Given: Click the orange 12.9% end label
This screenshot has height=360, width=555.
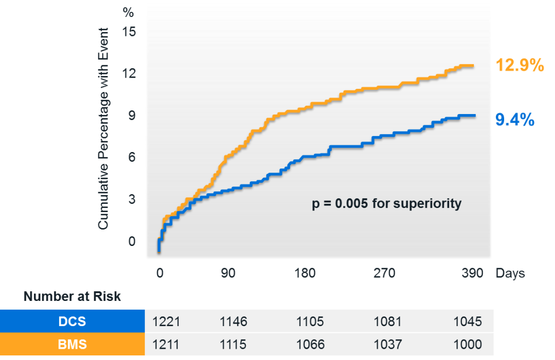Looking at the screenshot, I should coord(520,66).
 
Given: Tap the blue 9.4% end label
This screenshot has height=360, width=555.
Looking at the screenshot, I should coord(514,120).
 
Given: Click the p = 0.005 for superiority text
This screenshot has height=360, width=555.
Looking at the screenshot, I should coord(387,203).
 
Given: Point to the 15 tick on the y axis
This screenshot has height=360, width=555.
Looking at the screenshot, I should coord(128,32).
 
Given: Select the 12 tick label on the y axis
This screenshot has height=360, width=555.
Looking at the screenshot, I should coord(128,73).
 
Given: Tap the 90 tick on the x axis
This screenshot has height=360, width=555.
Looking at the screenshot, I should coord(228,273).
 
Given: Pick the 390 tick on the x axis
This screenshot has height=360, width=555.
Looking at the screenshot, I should coord(472,273).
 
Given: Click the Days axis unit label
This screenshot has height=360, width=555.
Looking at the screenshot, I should coord(510,273).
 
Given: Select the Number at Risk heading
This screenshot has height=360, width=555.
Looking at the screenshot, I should coord(72,296).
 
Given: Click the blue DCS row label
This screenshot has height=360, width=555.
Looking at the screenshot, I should coord(72,321).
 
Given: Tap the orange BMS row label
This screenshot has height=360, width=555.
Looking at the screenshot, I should coord(72,344).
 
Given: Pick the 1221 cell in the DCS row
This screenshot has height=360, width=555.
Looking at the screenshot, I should coord(166,321).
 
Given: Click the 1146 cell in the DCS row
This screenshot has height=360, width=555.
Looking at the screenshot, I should coord(233,321).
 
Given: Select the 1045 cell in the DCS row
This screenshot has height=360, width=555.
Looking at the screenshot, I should coord(468,321).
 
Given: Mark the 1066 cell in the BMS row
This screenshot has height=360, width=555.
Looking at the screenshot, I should coord(310,344).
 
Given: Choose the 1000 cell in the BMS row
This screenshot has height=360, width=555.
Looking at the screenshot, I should coord(468,344).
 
